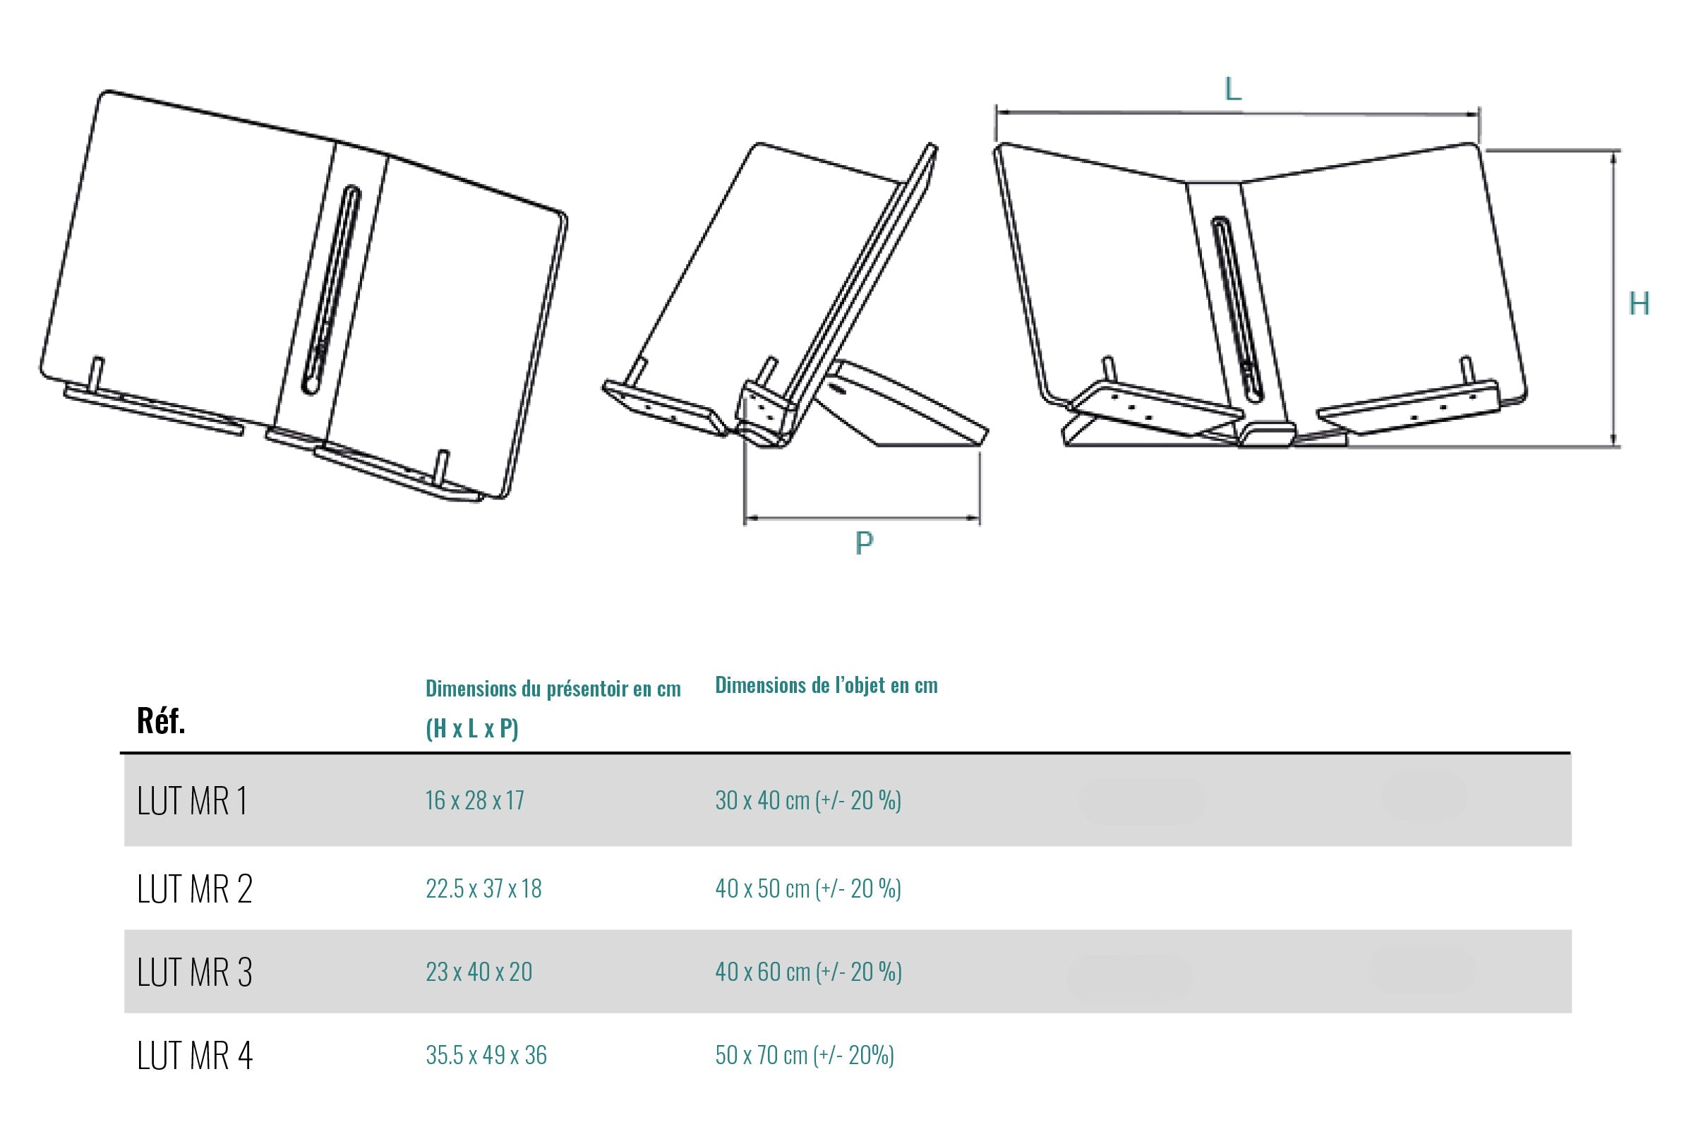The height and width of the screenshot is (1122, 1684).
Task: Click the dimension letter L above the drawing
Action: click(1232, 90)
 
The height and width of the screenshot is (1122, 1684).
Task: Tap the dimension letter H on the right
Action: click(1638, 304)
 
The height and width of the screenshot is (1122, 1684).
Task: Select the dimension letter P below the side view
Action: click(864, 543)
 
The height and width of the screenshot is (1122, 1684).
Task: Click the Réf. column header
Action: click(161, 720)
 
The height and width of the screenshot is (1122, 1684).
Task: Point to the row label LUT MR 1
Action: click(192, 801)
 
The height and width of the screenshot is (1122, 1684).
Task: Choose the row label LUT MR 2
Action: click(195, 889)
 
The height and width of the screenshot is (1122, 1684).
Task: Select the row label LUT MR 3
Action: click(195, 972)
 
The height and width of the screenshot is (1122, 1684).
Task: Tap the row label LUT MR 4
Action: click(195, 1056)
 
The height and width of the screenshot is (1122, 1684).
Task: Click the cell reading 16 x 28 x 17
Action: click(474, 800)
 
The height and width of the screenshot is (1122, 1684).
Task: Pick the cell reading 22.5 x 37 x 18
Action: click(483, 888)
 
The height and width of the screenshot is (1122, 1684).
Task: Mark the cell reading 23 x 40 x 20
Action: click(479, 972)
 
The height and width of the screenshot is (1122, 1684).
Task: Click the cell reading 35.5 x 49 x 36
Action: click(486, 1055)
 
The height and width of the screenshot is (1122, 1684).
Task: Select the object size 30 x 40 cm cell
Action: click(807, 800)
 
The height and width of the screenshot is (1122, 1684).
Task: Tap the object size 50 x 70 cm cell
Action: click(805, 1055)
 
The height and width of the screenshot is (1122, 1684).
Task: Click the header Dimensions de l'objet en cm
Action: click(826, 684)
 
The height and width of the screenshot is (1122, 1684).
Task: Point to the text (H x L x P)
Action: click(471, 728)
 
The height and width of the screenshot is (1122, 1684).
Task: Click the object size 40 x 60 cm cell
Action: click(808, 972)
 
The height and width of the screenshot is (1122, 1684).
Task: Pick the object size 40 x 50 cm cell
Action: click(807, 888)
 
